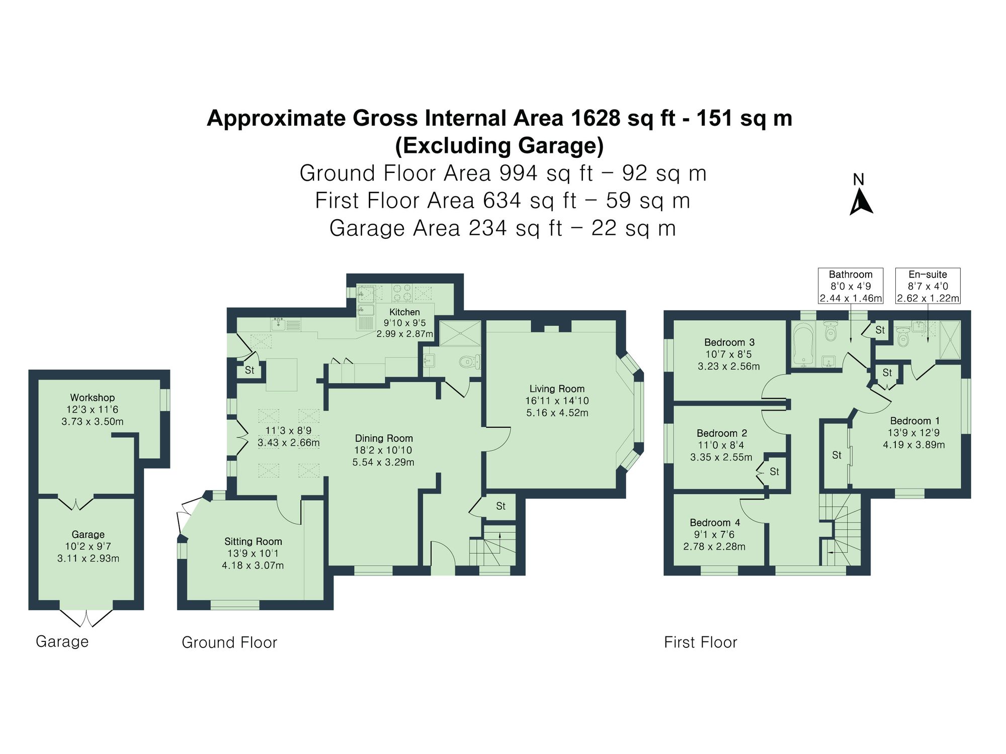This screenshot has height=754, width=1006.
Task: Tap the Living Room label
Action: (x=557, y=389)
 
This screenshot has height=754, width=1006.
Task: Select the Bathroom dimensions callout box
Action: (x=851, y=286)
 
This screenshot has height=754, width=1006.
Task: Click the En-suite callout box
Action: (x=928, y=286)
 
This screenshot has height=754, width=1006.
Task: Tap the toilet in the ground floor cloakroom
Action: (x=470, y=361)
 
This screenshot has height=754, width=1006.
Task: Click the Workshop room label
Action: (x=92, y=398)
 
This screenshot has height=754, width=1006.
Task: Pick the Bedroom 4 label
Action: (x=714, y=523)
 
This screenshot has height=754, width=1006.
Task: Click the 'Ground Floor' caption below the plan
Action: (x=229, y=642)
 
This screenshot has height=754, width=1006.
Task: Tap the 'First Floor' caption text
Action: (x=700, y=642)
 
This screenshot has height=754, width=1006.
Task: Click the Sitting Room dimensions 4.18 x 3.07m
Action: (x=253, y=565)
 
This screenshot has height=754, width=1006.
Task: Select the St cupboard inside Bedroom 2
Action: (x=774, y=472)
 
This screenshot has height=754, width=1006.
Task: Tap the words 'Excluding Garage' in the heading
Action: (x=499, y=146)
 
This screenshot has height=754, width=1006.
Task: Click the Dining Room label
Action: (x=384, y=438)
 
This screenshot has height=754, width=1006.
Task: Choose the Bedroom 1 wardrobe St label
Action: (x=836, y=455)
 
